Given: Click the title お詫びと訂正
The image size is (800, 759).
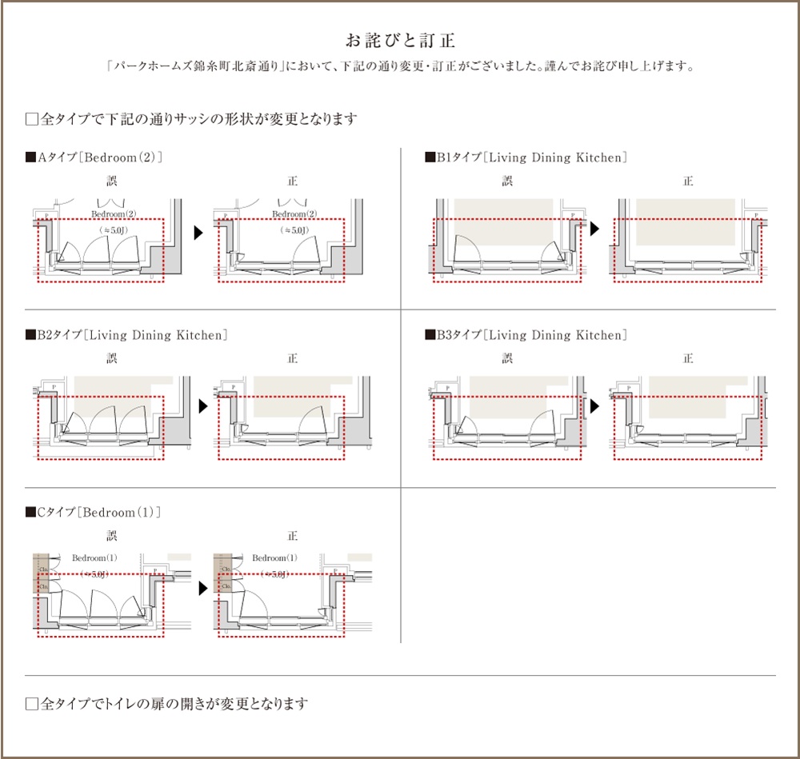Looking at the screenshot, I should coord(400,39).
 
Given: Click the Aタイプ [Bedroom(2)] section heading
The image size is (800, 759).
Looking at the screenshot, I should coord(94,158).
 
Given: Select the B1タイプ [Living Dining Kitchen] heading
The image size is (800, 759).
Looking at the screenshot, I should coord(525,158).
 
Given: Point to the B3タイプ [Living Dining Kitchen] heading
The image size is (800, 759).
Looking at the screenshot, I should coord(525,335).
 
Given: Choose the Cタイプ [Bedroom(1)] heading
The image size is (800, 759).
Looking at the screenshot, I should coord(94,512).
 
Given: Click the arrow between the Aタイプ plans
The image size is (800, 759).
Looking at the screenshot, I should coord(198,232).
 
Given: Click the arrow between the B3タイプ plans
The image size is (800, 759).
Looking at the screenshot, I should coord(596,406).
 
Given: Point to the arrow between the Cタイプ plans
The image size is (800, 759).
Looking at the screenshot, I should coord(203,588).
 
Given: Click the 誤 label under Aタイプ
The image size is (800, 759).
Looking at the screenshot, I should coord(112,182).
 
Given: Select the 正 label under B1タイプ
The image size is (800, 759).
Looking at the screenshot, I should coord(688,182).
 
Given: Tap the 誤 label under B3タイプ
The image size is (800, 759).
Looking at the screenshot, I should coord(507,359).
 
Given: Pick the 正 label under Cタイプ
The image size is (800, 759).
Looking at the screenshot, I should coord(293,536).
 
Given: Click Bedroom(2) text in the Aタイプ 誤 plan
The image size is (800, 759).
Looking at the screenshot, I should coord(113,214).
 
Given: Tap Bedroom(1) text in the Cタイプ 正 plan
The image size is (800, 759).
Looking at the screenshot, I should coord(274,557).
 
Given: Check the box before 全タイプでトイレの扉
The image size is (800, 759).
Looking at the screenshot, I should coord(32,704).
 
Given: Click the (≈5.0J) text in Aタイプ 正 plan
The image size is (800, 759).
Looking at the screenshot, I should coord(294,230).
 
